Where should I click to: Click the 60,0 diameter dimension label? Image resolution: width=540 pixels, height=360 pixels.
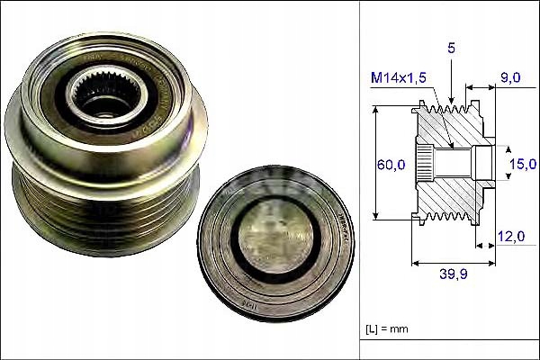[389, 164]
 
